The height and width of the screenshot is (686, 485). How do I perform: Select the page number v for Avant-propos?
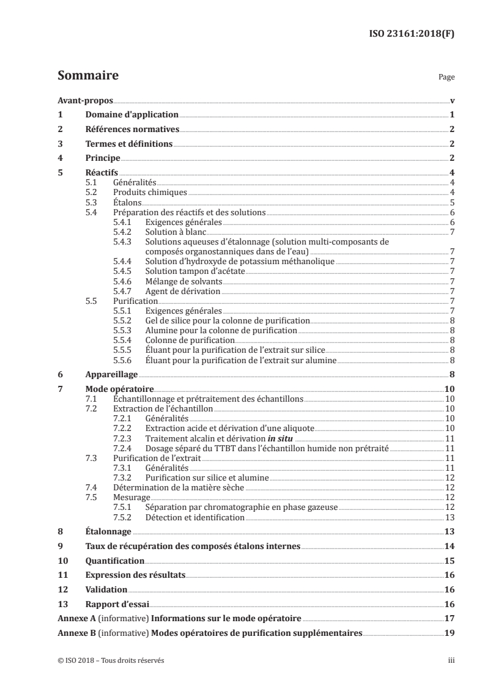[x=451, y=101]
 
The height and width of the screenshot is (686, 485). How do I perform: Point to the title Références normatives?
[x=131, y=130]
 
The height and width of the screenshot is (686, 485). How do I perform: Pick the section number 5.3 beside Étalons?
[x=91, y=202]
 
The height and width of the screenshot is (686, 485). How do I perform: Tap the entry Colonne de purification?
[x=190, y=340]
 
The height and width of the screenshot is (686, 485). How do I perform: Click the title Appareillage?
[x=111, y=374]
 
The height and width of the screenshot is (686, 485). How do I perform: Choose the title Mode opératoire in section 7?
[x=119, y=389]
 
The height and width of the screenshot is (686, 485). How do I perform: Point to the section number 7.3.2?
[x=125, y=478]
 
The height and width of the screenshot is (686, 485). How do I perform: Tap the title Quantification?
[x=115, y=561]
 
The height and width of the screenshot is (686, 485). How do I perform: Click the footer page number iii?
[x=451, y=660]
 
